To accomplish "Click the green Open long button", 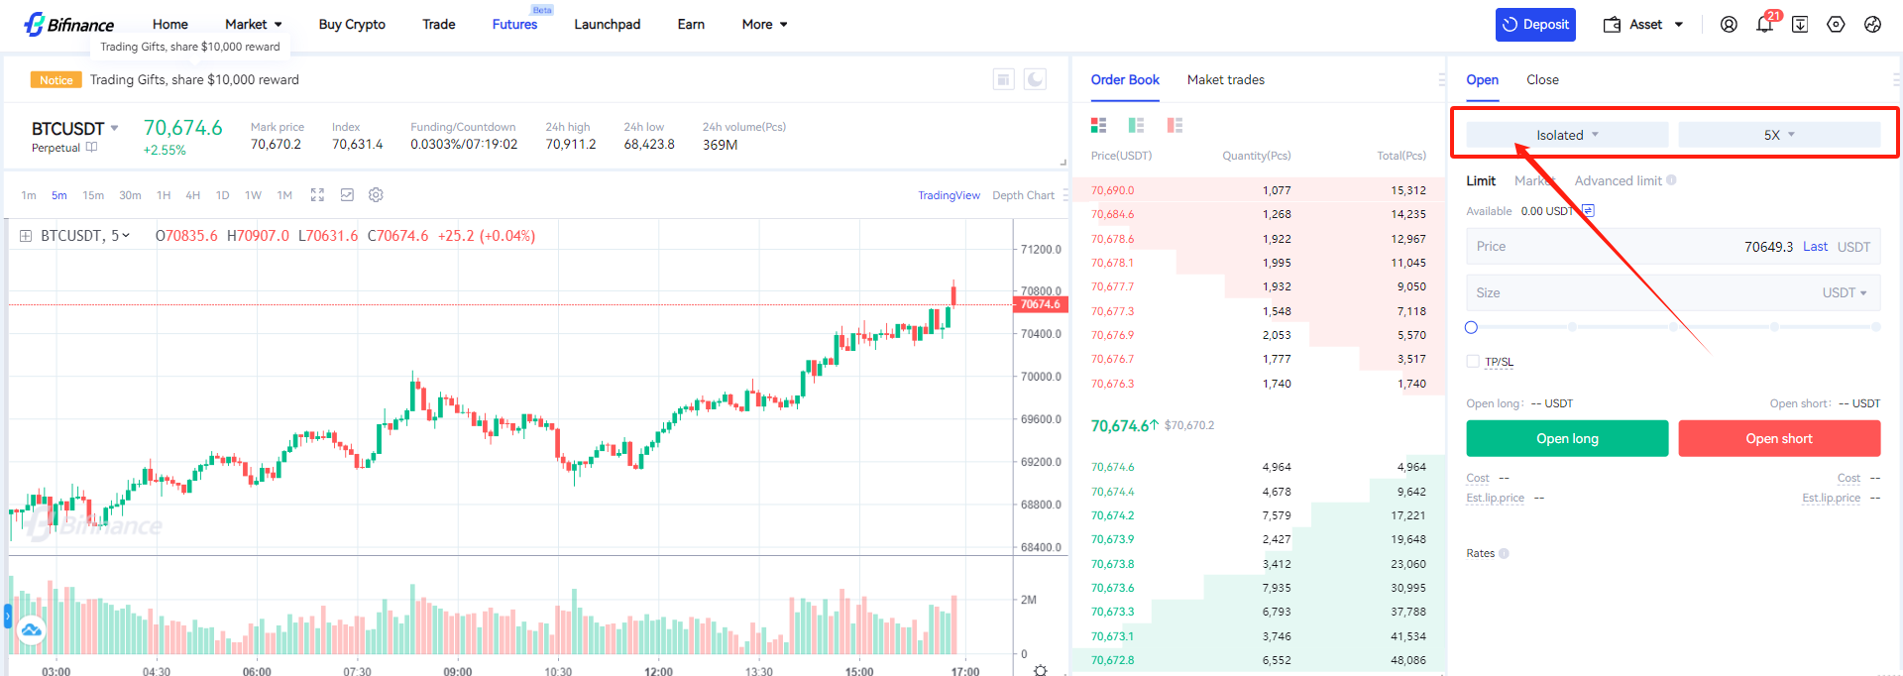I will click(x=1566, y=438).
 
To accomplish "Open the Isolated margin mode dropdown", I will click(x=1566, y=135).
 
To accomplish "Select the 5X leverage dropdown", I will click(x=1778, y=135).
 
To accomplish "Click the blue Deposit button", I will click(x=1535, y=25).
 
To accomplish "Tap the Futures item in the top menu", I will click(x=514, y=25).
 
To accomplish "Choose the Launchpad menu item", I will click(x=607, y=25).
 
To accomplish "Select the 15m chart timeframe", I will click(x=93, y=195).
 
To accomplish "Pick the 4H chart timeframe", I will click(x=192, y=195).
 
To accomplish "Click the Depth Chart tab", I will click(x=1023, y=195).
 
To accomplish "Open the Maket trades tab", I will click(x=1225, y=80).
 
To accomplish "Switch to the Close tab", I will click(x=1541, y=80).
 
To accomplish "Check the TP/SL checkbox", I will click(x=1473, y=362).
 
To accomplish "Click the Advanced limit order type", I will click(x=1618, y=180).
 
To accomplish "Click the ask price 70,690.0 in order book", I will click(x=1112, y=190).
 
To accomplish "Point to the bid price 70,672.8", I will click(x=1112, y=660).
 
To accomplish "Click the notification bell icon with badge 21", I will click(x=1764, y=25).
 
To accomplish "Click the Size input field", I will click(x=1645, y=293).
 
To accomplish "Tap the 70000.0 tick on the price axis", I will click(x=1041, y=377).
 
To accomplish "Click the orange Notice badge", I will click(x=56, y=80).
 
